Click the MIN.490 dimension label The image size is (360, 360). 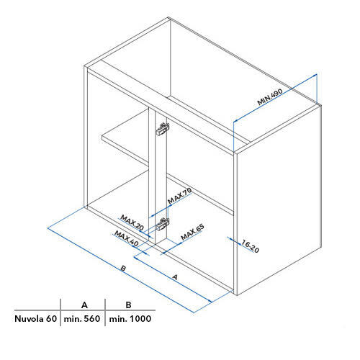pyautogui.click(x=270, y=97)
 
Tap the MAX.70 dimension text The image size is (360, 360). pyautogui.click(x=180, y=196)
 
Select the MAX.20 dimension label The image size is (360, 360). pyautogui.click(x=132, y=222)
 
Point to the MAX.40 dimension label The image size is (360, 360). pyautogui.click(x=127, y=238)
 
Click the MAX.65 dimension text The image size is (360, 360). pyautogui.click(x=192, y=232)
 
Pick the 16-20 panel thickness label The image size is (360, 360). pyautogui.click(x=251, y=246)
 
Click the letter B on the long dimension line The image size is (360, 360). pyautogui.click(x=123, y=268)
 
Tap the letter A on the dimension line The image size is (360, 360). pyautogui.click(x=175, y=277)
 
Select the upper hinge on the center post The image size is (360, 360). pyautogui.click(x=163, y=129)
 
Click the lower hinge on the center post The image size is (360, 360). pyautogui.click(x=163, y=224)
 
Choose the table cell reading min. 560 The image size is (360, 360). pyautogui.click(x=82, y=319)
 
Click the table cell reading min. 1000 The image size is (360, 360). pyautogui.click(x=130, y=319)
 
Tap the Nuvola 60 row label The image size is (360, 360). pyautogui.click(x=35, y=319)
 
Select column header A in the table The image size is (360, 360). pyautogui.click(x=84, y=305)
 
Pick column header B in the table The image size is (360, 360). pyautogui.click(x=128, y=305)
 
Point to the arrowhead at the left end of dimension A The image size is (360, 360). pyautogui.click(x=136, y=258)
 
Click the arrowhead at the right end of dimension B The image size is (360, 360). pyautogui.click(x=210, y=301)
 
